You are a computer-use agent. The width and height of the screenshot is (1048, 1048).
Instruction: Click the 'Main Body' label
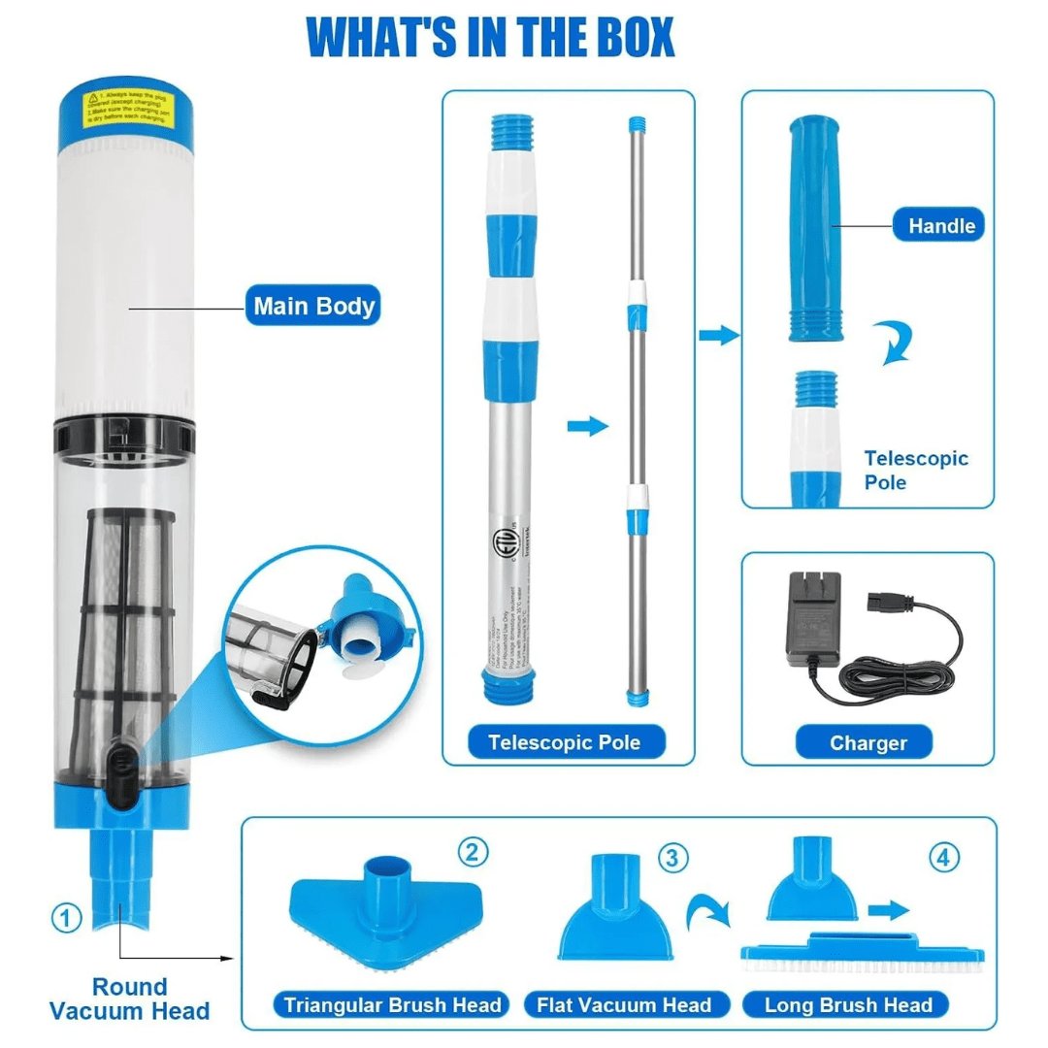pyautogui.click(x=313, y=307)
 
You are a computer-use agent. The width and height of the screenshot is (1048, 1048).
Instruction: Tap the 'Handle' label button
pyautogui.click(x=940, y=226)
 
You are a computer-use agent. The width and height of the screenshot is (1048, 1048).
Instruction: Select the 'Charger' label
pyautogui.click(x=868, y=743)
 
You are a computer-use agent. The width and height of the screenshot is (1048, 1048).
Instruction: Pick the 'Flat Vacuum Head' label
pyautogui.click(x=624, y=1004)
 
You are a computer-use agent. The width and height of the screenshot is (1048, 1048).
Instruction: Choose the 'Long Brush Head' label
pyautogui.click(x=848, y=1004)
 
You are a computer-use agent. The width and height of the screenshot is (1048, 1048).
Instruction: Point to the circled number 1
pyautogui.click(x=66, y=917)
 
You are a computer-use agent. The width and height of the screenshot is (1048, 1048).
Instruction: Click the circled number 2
pyautogui.click(x=472, y=853)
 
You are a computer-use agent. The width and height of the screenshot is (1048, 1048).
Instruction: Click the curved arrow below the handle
pyautogui.click(x=896, y=345)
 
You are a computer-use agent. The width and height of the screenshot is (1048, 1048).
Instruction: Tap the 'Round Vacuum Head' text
pyautogui.click(x=129, y=999)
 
